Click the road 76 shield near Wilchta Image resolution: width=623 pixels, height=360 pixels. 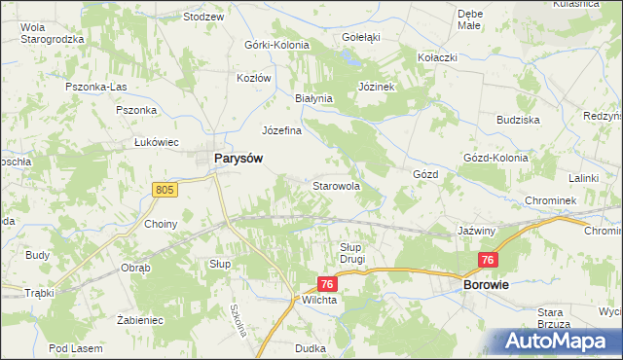pos(327,284)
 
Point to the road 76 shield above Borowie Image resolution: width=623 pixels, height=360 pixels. pos(489,260)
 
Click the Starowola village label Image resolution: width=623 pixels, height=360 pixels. pos(336,185)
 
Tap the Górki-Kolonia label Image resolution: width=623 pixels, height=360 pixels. pos(276,46)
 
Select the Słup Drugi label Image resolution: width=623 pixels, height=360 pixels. pos(351,253)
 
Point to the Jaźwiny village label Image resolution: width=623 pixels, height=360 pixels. pos(477,232)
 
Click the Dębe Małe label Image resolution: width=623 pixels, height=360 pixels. pos(469,20)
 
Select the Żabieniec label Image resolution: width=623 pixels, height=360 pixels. pos(138,319)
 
